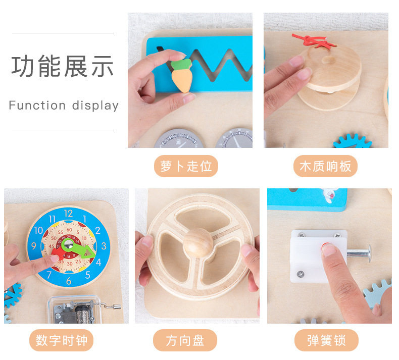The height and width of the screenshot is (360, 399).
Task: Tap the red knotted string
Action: click(313, 41)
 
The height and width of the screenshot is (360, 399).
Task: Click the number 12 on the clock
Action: click(68, 213)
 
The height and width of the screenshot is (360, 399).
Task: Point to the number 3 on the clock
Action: click(104, 246)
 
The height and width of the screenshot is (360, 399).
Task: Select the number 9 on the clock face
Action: click(34, 246)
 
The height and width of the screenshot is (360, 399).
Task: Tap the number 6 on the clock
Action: click(69, 281)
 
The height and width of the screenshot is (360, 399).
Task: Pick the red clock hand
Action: click(59, 253)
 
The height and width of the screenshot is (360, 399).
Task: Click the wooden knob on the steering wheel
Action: click(198, 242)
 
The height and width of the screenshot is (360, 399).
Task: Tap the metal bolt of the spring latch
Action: click(359, 253)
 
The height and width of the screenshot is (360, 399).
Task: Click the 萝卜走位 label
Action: click(186, 166)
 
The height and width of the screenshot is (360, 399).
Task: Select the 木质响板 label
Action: click(325, 166)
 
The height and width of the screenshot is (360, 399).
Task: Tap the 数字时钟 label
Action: click(61, 340)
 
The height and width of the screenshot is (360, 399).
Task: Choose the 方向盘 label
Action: click(185, 340)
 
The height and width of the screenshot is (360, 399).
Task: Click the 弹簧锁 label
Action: click(326, 340)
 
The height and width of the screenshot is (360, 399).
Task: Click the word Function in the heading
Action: click(37, 106)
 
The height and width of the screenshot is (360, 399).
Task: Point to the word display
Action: click(95, 106)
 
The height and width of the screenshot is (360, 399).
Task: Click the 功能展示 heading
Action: click(62, 66)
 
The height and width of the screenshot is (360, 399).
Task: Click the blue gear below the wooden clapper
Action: click(352, 141)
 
